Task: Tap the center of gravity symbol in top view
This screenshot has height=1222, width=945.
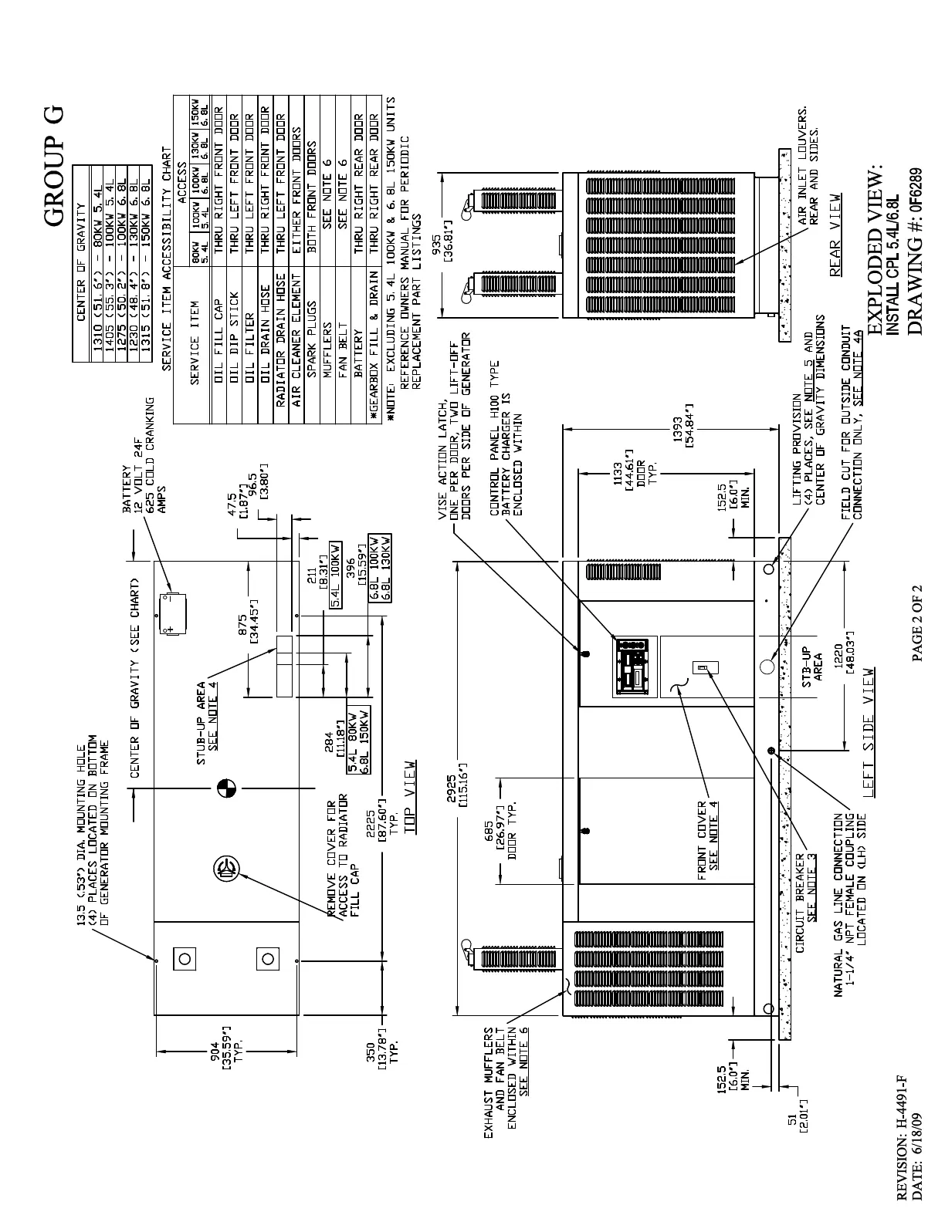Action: click(226, 788)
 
